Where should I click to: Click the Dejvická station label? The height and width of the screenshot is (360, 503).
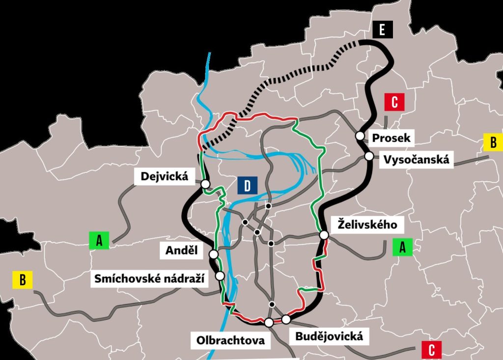tap(164, 176)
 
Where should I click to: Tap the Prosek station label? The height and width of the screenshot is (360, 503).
tap(391, 138)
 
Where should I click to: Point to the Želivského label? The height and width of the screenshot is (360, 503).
tap(367, 225)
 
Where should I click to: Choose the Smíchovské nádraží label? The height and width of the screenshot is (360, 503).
tap(150, 279)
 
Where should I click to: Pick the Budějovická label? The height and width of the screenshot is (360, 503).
tap(329, 336)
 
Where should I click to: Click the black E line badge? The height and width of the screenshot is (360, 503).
tap(383, 30)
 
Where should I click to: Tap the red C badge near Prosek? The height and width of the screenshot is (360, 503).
tap(394, 103)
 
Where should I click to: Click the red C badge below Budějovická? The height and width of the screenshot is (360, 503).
tap(431, 350)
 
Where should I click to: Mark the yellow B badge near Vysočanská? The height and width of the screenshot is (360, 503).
tap(493, 142)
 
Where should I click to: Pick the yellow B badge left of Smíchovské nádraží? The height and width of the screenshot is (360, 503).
tap(23, 280)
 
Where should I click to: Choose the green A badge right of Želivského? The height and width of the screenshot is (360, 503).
tap(403, 247)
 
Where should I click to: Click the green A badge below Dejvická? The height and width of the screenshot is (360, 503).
tap(99, 241)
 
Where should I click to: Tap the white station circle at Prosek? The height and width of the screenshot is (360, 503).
tap(360, 136)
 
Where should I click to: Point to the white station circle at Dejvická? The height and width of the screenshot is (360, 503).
tap(205, 184)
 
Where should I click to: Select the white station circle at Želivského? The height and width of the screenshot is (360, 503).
tap(324, 235)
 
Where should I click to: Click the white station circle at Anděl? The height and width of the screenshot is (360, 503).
tap(214, 254)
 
